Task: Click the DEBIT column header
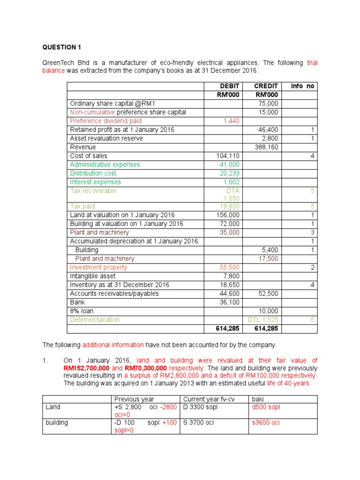coord(230,86)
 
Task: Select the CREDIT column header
coord(266,86)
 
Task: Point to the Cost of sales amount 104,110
coord(227,156)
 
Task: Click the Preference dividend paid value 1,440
coord(231,121)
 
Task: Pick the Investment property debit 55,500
coord(229,267)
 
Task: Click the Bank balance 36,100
coord(229,302)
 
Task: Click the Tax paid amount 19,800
coord(229,206)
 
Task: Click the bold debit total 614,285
coord(227,329)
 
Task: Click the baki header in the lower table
coord(258,399)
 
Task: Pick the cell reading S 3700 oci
coord(199,422)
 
